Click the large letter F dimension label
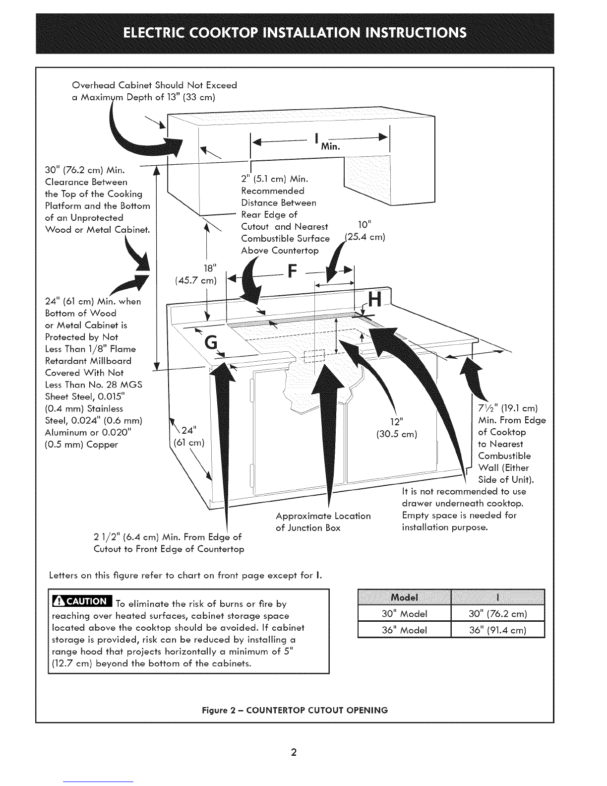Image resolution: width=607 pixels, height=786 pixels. (x=293, y=271)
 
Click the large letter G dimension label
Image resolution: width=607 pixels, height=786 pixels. (x=211, y=342)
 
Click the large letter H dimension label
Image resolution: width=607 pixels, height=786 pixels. (x=374, y=300)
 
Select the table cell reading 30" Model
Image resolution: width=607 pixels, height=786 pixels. (x=404, y=613)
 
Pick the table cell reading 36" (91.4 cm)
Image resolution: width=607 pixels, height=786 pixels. (x=497, y=630)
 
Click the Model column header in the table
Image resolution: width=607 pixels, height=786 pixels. (x=404, y=597)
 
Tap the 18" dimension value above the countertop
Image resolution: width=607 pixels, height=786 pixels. (x=210, y=268)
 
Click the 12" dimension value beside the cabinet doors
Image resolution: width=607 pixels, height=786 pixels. (x=397, y=422)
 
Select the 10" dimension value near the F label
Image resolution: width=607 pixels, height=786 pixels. (x=365, y=225)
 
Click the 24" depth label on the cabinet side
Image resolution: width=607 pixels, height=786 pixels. (x=189, y=430)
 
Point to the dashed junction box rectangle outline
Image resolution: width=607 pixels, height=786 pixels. (x=314, y=356)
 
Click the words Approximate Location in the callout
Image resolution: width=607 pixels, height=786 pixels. (x=323, y=516)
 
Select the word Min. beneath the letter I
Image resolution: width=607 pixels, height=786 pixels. (x=331, y=146)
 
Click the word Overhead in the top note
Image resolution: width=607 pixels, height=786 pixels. (x=94, y=85)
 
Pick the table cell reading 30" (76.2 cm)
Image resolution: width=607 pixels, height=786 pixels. (x=497, y=613)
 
